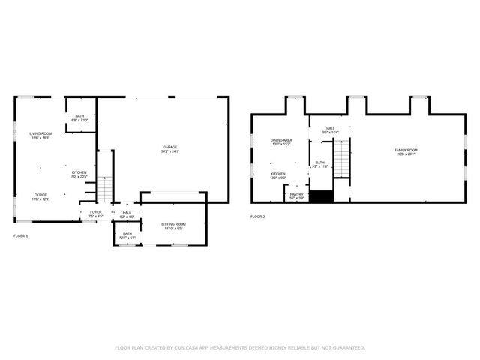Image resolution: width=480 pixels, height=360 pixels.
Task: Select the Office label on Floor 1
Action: point(40,195)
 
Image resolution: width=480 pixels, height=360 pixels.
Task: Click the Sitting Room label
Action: point(174,226)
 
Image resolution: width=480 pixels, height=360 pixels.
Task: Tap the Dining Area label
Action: point(281,140)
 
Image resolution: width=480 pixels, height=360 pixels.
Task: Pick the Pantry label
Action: point(297,194)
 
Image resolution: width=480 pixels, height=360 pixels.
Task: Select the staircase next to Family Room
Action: point(342,159)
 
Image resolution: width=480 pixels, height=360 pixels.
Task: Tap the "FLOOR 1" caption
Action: point(20,236)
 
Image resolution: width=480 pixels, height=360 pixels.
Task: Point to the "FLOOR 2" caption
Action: point(258,217)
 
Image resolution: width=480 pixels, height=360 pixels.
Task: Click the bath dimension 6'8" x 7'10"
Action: point(79,120)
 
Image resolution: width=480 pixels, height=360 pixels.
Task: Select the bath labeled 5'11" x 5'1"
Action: point(127,237)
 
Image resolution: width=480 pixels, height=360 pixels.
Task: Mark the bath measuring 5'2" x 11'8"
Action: point(320,166)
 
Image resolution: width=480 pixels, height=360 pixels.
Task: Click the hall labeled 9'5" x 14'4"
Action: point(331,132)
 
